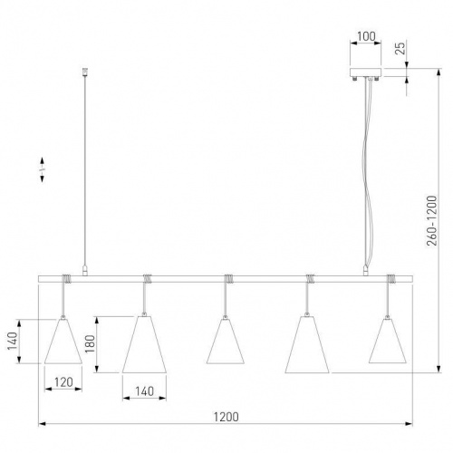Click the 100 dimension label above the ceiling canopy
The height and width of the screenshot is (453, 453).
click(366, 36)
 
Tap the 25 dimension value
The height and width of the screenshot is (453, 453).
click(400, 48)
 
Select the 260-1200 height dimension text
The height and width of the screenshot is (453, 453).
click(432, 220)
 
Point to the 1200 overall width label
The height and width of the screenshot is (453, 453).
click(226, 417)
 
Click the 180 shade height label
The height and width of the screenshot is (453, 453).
click(91, 344)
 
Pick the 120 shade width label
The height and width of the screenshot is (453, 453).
click(63, 382)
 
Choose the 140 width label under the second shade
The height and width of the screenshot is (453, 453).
click(144, 391)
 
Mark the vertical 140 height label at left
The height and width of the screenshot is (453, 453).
click(13, 342)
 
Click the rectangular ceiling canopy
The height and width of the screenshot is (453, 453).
click(365, 72)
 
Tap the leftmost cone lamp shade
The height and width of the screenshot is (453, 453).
click(63, 341)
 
